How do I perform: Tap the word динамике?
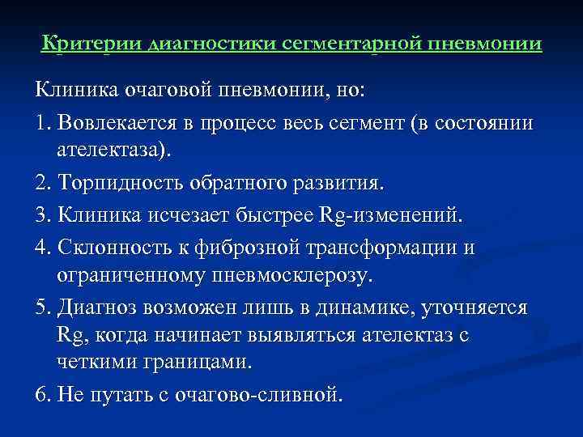(369, 308)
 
